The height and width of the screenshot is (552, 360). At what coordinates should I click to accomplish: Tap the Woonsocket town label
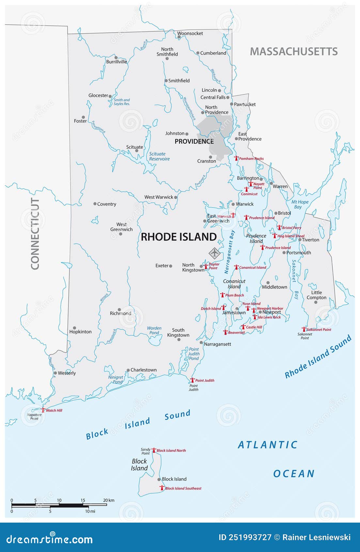[190, 33]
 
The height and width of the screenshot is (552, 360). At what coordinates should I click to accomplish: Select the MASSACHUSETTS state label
[294, 52]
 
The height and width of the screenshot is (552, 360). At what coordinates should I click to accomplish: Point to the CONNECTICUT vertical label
[35, 234]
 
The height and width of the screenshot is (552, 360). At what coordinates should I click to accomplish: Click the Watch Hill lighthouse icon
[43, 410]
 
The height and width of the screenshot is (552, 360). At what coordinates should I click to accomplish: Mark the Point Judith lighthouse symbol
[192, 380]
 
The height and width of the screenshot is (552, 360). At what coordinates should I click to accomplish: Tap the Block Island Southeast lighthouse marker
[162, 488]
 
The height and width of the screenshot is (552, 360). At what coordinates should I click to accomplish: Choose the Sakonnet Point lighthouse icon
[304, 329]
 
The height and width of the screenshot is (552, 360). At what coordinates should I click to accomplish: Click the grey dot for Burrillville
[116, 57]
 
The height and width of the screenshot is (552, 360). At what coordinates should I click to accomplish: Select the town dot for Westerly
[55, 373]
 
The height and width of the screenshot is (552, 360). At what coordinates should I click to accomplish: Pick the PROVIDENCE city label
[194, 141]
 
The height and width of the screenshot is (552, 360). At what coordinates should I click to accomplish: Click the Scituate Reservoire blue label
[159, 156]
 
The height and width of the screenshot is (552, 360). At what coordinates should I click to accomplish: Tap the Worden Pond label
[154, 331]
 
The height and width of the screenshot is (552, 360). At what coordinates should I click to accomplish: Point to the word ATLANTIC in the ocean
[268, 445]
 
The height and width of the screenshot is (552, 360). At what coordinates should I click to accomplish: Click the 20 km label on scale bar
[109, 500]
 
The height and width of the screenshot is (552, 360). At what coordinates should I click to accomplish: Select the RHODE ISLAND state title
[179, 237]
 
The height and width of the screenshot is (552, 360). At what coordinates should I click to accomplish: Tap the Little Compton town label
[316, 295]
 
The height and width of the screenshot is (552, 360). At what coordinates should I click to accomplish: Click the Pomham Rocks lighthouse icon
[236, 158]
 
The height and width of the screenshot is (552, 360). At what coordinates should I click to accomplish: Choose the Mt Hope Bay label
[299, 204]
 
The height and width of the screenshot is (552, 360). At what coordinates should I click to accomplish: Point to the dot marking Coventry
[95, 204]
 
